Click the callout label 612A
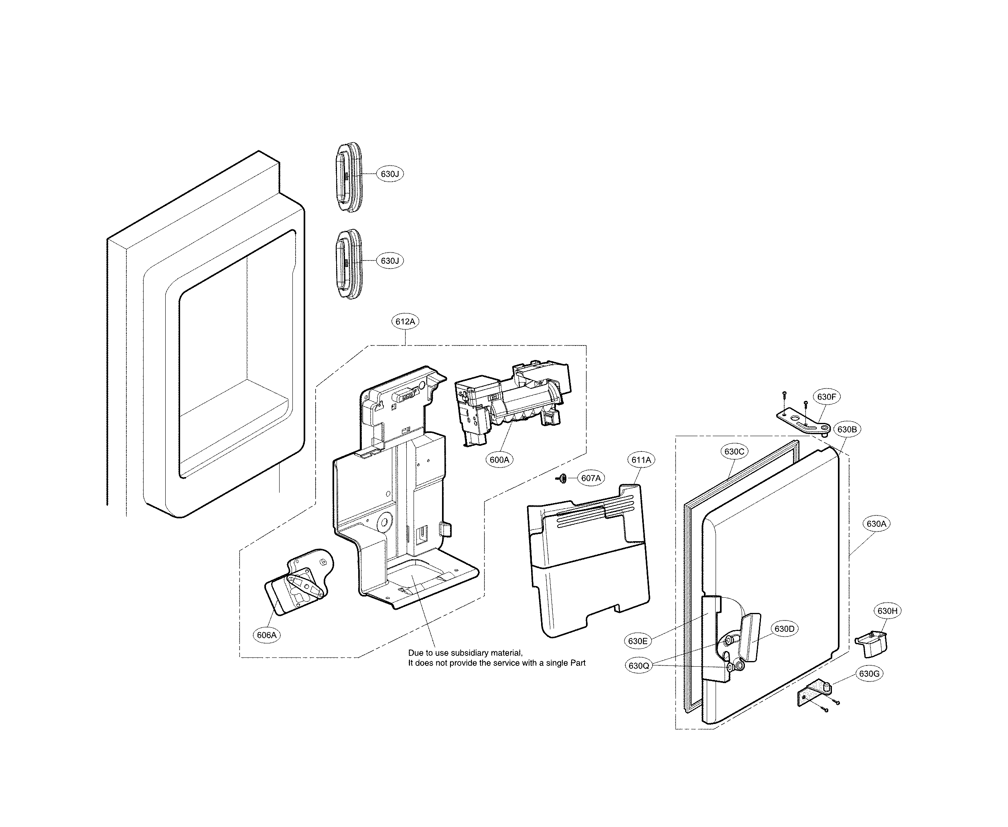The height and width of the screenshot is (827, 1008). (x=405, y=321)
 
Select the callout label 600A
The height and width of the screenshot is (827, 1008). (x=499, y=460)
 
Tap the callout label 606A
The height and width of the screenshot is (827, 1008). (x=266, y=635)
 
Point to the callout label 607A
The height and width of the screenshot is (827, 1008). (x=591, y=478)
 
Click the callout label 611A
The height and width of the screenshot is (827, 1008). (x=641, y=460)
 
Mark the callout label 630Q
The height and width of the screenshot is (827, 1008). (x=639, y=666)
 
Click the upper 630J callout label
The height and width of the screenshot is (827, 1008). (x=390, y=174)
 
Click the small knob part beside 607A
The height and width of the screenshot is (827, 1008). (x=562, y=478)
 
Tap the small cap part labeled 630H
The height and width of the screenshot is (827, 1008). (x=872, y=642)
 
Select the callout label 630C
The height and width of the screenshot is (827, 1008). (x=734, y=452)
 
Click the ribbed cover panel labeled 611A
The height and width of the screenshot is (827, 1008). (x=588, y=562)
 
